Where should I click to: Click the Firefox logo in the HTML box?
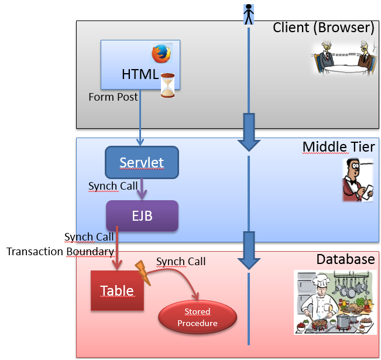pos(161,54)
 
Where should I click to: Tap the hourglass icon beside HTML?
pos(169,85)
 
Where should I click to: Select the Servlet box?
pos(142,162)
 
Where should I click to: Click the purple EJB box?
pos(142,215)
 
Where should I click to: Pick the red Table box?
pos(117,290)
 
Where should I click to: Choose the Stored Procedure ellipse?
pos(197,317)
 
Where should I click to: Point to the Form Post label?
pos(113,97)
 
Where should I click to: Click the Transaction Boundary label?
pos(60,251)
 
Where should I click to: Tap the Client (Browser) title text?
pos(323,28)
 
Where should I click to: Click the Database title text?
pos(345,259)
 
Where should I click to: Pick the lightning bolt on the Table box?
pos(143,273)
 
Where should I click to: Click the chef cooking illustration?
pos(334,303)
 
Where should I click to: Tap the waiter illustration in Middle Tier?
pos(357,180)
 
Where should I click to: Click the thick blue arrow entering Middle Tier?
pos(249,132)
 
